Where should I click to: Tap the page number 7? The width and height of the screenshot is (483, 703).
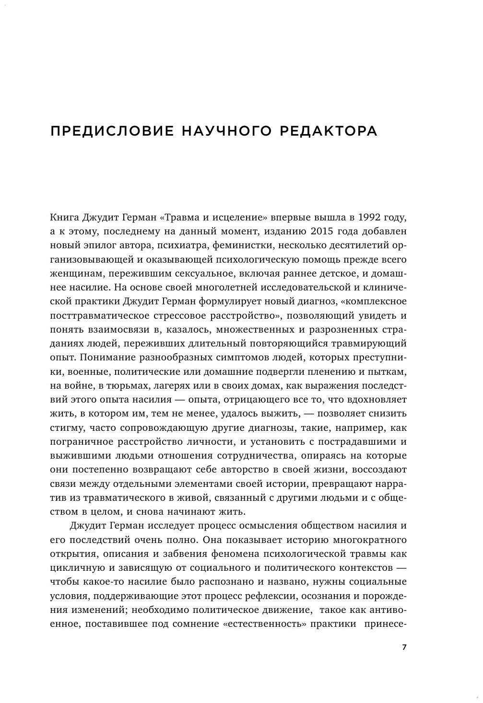tap(404, 647)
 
